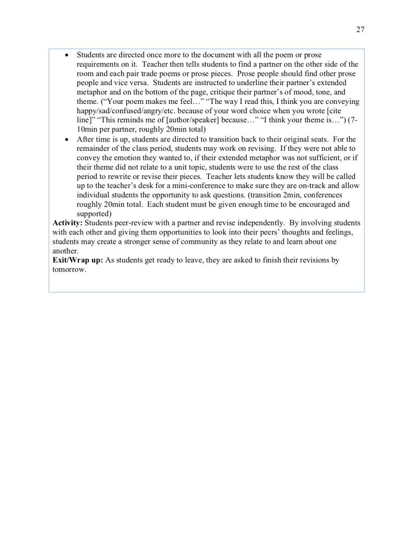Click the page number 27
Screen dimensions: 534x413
tap(360, 29)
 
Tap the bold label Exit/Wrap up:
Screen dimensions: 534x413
tap(78, 260)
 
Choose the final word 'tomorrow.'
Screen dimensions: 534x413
tap(69, 269)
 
